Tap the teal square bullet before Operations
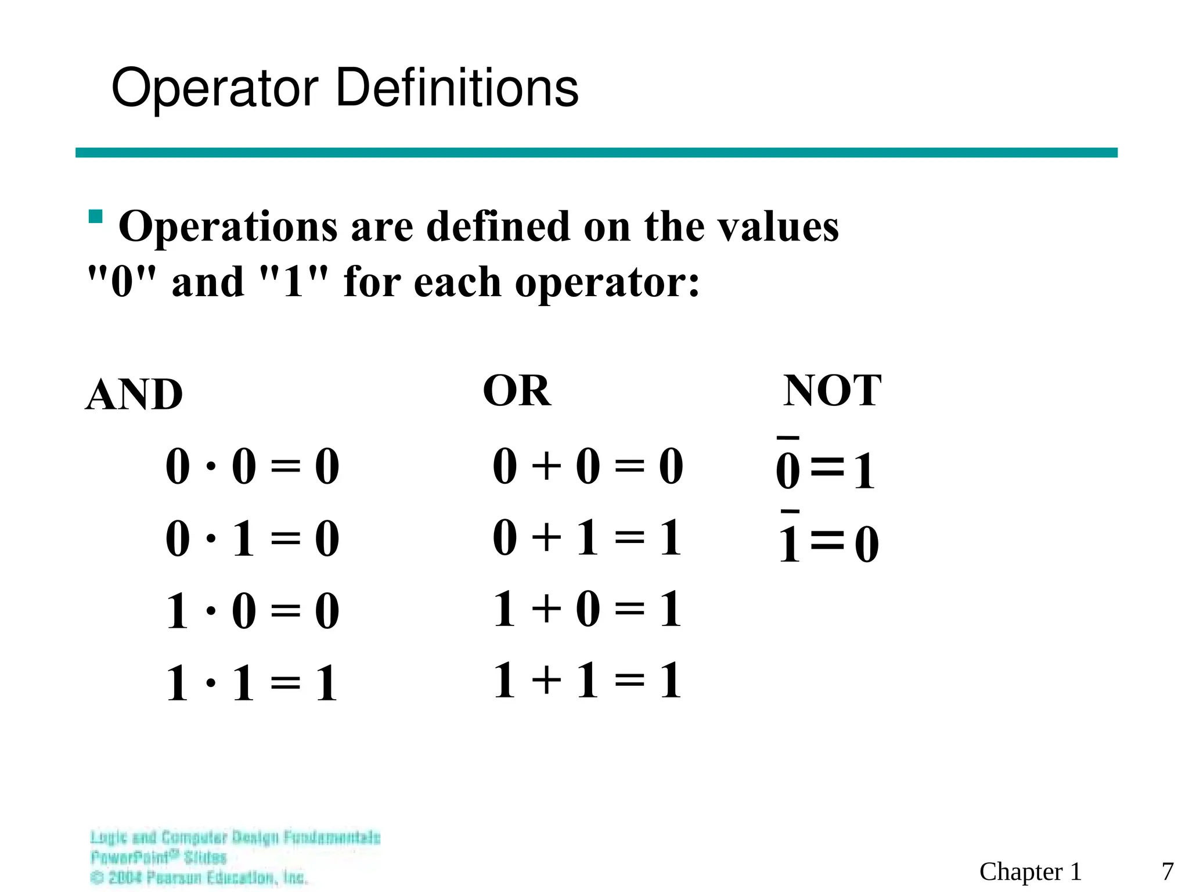(96, 217)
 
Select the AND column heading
(134, 395)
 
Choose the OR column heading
(517, 391)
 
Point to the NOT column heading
(832, 391)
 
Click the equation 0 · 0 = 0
(253, 466)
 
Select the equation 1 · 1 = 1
(253, 684)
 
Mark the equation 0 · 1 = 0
(253, 539)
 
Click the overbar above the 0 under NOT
(788, 438)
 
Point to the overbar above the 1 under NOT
(790, 512)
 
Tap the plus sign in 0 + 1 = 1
(546, 537)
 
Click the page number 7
(1168, 872)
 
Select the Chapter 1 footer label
(1031, 872)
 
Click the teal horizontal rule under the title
(596, 153)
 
